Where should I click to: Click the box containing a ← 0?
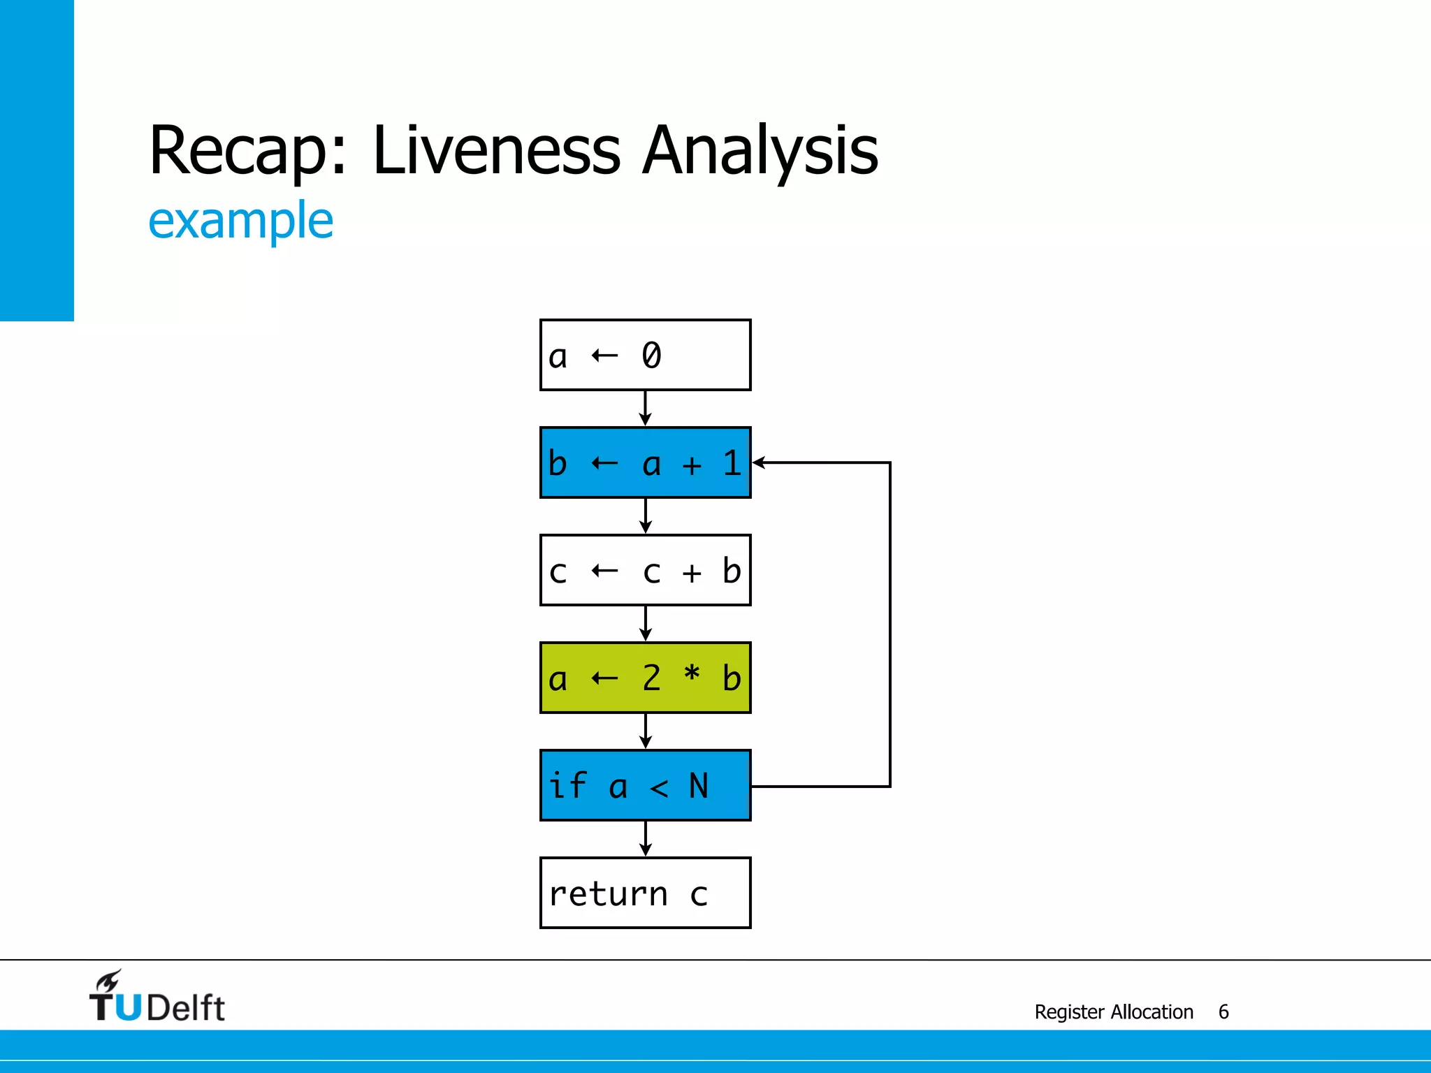645,355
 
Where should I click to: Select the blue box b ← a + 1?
645,462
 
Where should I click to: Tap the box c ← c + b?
645,570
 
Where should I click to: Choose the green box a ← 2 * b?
645,678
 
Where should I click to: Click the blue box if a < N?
645,785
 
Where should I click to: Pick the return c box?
645,893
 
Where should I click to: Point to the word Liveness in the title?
496,149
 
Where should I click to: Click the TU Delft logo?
157,998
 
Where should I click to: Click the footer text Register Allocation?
1113,1012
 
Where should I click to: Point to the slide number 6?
1223,1012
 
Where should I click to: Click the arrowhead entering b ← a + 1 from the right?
759,462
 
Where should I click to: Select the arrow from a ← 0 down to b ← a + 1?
645,409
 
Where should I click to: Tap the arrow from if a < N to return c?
645,839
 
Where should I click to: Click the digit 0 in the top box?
651,356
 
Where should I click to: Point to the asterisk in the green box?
692,674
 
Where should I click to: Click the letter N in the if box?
699,786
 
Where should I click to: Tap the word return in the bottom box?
608,895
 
